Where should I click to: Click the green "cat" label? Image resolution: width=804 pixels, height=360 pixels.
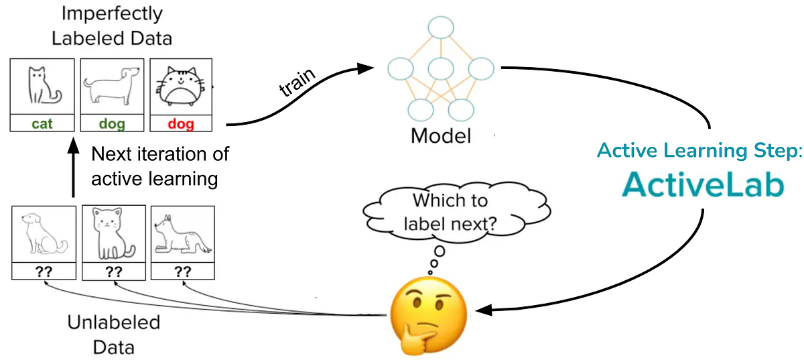42,123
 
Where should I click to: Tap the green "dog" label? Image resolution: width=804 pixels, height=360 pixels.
112,123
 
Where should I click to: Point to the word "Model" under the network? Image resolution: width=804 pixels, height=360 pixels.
440,136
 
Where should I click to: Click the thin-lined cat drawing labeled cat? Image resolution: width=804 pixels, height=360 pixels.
42,86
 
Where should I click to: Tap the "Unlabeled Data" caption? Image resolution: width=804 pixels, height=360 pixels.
114,335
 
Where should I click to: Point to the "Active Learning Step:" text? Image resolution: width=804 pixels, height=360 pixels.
699,151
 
